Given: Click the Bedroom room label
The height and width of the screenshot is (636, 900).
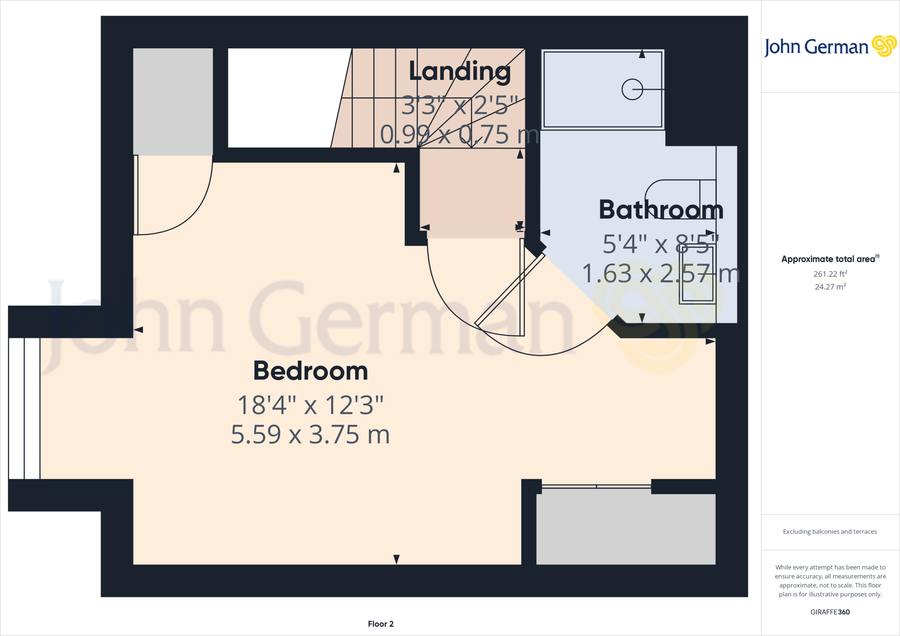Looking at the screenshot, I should point(310,371).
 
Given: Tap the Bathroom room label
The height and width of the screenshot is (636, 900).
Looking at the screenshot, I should point(661,210).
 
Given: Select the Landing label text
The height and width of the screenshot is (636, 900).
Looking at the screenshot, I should point(460,71).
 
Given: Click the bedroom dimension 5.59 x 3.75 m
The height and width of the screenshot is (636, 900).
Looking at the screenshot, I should point(310,434).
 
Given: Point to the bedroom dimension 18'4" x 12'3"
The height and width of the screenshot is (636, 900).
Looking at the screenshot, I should point(310,405).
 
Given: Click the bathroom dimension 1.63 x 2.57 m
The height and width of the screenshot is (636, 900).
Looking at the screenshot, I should point(660,274).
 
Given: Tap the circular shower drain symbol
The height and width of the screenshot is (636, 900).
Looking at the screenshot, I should point(632,90).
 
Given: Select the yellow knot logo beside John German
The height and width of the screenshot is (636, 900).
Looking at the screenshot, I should point(884,46).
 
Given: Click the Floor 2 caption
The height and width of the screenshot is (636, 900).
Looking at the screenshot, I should point(381,624).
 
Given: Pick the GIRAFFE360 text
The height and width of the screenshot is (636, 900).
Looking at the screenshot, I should point(830,612).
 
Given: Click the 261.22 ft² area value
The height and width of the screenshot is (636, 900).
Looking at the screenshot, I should point(830,274).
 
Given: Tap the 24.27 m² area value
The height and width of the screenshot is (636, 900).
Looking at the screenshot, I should point(830,287).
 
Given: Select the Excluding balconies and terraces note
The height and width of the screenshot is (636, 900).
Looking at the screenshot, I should point(829,531).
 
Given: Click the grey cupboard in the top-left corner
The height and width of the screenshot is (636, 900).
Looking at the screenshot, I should point(173,101).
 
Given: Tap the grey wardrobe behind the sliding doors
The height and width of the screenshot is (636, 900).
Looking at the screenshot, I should point(625,529).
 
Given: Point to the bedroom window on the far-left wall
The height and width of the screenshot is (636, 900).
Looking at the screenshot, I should point(24,408).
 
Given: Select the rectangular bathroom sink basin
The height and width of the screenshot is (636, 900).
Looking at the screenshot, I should point(697,273).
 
